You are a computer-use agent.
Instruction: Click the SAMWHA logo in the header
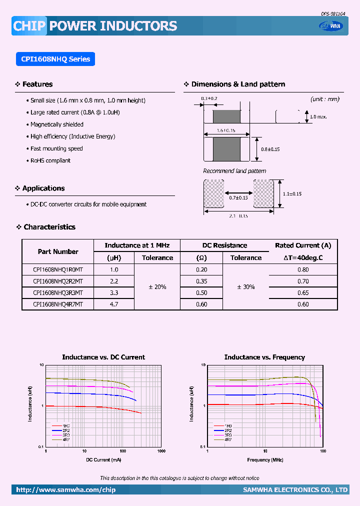332,26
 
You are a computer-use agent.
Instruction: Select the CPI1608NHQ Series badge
55,59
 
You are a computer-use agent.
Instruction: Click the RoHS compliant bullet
50,160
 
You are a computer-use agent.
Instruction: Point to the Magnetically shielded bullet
57,124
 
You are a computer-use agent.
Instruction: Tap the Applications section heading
43,188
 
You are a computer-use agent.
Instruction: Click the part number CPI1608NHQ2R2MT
58,281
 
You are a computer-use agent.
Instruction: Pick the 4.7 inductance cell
114,304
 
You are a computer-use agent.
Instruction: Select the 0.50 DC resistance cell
201,292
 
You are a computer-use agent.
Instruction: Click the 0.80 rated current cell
303,269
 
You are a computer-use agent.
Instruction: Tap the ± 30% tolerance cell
245,287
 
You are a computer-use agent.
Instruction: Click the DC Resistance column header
224,245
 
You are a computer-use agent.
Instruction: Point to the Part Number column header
58,251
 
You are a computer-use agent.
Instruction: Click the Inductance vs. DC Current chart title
103,357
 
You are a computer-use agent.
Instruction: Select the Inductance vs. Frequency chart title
264,357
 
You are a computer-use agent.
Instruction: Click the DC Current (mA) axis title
103,459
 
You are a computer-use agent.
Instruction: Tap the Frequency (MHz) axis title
264,459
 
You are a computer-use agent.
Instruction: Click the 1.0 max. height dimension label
318,116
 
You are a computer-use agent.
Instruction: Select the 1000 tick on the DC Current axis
161,451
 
